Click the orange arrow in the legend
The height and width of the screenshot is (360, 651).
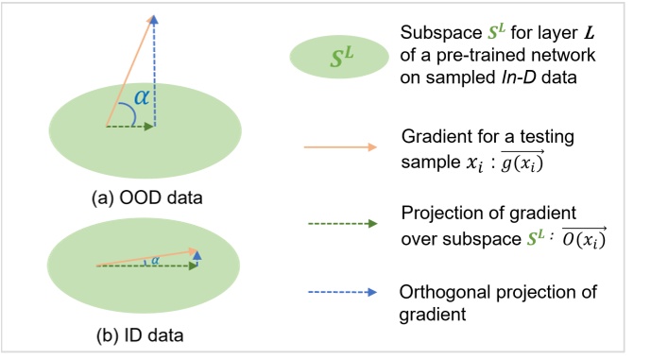339,147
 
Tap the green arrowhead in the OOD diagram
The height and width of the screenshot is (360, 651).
149,126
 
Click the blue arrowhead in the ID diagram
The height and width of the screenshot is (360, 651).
196,254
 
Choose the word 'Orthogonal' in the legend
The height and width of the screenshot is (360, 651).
440,289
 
